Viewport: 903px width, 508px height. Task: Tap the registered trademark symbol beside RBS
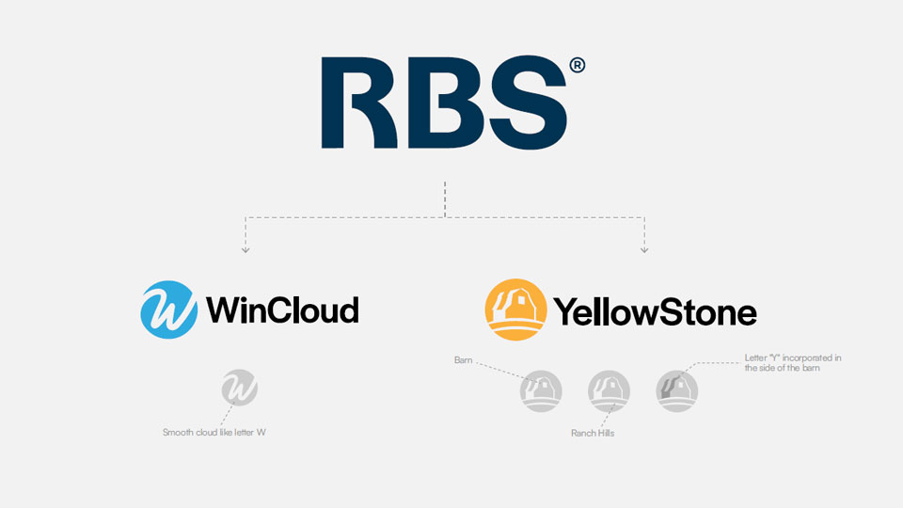point(577,65)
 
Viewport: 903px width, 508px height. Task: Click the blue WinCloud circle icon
point(168,310)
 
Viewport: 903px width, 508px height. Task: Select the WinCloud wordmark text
point(282,310)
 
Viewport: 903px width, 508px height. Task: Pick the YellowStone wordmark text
point(655,310)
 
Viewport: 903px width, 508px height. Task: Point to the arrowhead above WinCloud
point(246,250)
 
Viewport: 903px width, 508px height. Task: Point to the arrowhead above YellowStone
point(644,250)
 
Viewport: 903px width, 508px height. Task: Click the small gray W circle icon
point(239,389)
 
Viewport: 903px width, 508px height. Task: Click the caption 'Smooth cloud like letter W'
point(221,433)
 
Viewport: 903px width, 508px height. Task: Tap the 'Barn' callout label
point(463,360)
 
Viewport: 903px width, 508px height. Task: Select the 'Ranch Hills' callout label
point(593,434)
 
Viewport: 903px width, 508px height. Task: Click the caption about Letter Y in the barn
point(792,363)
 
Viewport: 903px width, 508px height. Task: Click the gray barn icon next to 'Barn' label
point(541,390)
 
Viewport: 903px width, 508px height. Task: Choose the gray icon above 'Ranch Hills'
point(608,390)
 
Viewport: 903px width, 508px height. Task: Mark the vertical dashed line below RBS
point(445,198)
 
